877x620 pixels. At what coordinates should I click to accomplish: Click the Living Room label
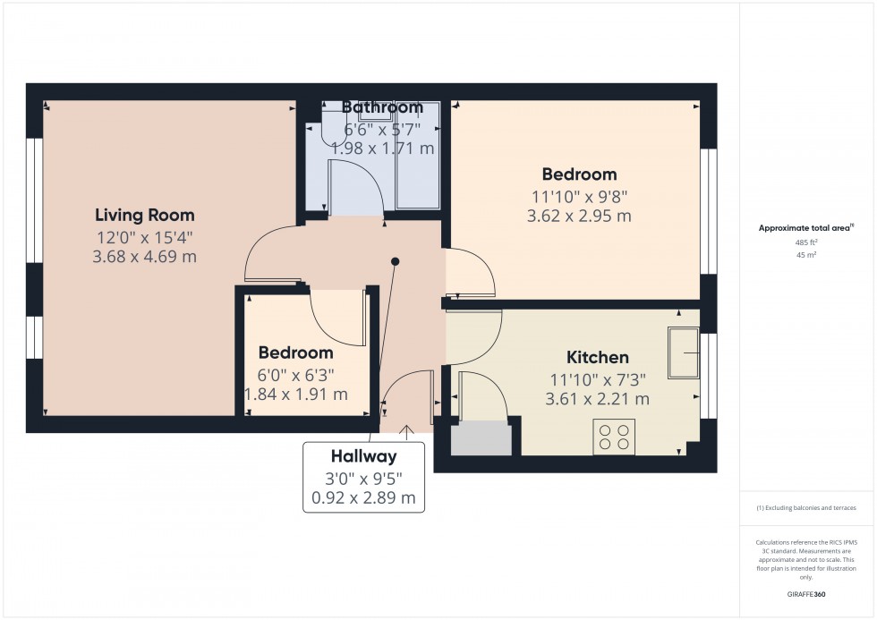pos(145,216)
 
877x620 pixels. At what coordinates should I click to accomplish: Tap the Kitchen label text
pos(598,357)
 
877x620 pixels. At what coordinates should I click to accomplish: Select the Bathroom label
pos(382,106)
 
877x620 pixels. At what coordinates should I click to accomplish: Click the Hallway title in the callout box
pos(363,456)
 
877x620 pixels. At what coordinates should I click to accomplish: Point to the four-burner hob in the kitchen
pos(614,437)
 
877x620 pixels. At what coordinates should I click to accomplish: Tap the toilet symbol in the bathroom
pos(334,123)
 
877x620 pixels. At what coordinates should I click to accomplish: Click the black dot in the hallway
pos(395,261)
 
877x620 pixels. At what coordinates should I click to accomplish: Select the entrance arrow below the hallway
pos(406,431)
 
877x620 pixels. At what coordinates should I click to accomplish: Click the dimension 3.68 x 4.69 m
pos(144,257)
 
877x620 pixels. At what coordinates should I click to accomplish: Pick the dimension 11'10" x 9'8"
pos(580,197)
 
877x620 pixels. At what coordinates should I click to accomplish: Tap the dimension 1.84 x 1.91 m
pos(296,395)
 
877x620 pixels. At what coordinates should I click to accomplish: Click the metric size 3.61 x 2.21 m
pos(598,399)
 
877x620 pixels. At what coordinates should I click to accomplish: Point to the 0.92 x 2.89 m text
pos(363,497)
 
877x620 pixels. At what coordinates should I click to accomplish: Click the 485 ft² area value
pos(806,242)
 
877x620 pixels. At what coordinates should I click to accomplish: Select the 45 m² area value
pos(806,255)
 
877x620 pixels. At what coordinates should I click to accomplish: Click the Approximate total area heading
pos(806,227)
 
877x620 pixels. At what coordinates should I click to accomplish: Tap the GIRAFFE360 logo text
pos(806,594)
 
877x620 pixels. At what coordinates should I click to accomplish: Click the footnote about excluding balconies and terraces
pos(806,508)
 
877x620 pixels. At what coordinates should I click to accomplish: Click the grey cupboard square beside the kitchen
pos(481,439)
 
